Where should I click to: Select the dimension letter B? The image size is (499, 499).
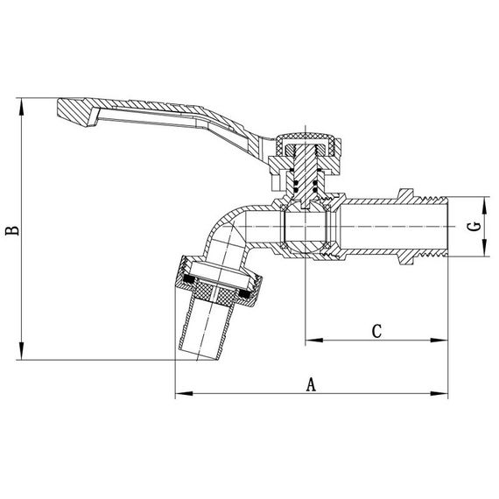click(x=11, y=230)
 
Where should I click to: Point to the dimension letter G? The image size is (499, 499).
click(x=474, y=226)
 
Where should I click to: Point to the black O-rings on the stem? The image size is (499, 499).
click(x=303, y=185)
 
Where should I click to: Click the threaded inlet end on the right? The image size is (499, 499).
click(x=432, y=226)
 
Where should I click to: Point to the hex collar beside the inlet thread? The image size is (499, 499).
click(x=404, y=226)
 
